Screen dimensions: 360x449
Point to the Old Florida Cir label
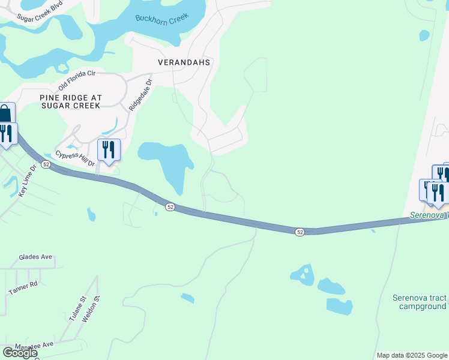pos(77,80)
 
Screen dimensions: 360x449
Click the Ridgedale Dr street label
pos(140,94)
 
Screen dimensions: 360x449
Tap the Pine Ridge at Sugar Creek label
pos(71,101)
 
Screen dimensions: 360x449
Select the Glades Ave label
pos(35,257)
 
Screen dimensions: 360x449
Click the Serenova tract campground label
pos(419,302)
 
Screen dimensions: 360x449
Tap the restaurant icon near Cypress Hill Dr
pos(109,149)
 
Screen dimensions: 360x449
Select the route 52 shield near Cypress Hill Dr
pos(46,164)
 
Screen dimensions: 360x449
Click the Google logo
pos(19,353)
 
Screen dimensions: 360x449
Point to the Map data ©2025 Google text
pos(412,355)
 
